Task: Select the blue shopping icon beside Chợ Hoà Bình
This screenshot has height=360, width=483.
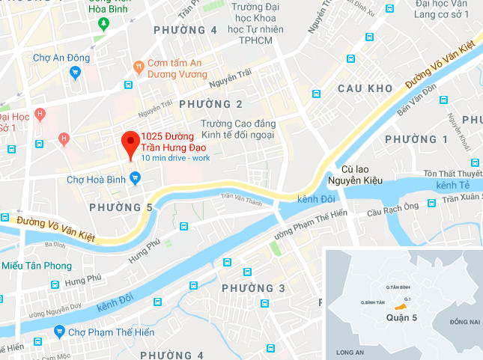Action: (x=135, y=178)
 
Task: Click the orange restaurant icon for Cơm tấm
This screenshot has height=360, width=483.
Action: (x=138, y=67)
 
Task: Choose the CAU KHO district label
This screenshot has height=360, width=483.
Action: (x=365, y=88)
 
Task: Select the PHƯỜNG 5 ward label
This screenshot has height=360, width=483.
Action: (x=121, y=207)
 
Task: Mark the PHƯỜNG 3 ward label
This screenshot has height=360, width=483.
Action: (x=254, y=288)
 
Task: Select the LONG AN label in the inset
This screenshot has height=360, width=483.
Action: (x=350, y=351)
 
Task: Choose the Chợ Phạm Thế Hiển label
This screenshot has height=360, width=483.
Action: (x=103, y=332)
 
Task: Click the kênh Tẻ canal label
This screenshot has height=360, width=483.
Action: (x=457, y=184)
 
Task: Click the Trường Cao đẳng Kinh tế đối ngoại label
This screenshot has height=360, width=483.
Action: (x=237, y=129)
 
